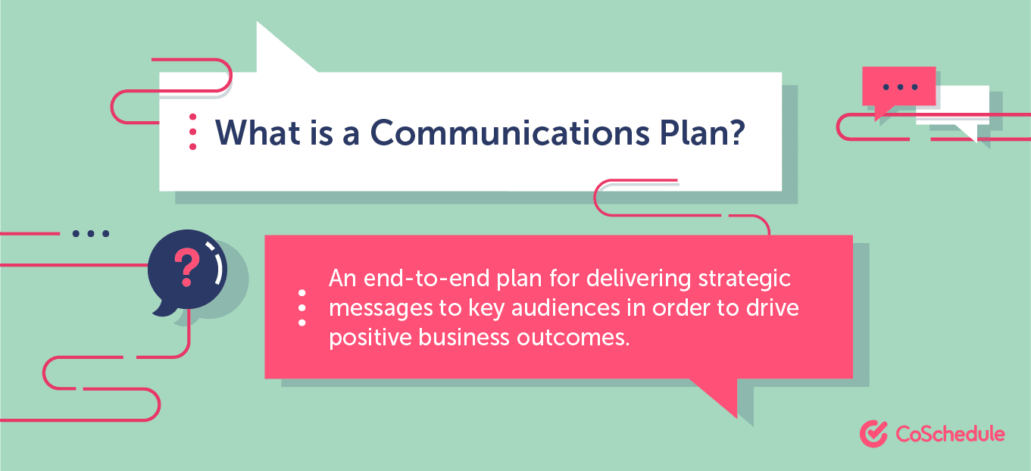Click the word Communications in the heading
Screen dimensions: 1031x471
(510, 133)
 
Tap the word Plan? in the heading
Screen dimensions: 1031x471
(702, 133)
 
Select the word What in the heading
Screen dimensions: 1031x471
(258, 133)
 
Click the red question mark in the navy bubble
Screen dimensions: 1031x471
(187, 267)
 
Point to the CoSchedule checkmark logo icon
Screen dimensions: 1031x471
(873, 434)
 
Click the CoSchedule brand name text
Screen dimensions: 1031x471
(950, 434)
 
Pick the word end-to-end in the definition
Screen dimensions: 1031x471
(426, 278)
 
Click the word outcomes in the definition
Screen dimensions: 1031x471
(573, 338)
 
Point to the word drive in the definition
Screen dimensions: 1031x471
(773, 307)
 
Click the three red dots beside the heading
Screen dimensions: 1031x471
(193, 132)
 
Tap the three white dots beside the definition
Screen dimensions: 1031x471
(302, 307)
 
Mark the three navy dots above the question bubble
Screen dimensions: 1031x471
(91, 234)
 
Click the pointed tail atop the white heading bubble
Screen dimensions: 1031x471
(257, 22)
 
